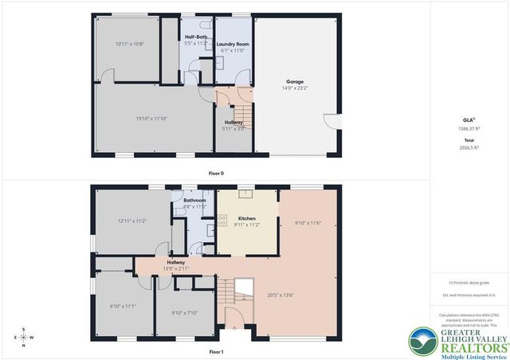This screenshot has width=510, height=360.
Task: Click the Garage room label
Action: (x=297, y=81)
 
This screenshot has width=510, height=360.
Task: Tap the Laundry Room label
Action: (x=233, y=44)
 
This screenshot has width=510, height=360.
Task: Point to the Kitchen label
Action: (x=247, y=218)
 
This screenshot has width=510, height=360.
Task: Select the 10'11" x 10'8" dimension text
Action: (x=130, y=44)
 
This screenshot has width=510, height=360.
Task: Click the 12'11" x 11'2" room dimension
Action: (x=132, y=221)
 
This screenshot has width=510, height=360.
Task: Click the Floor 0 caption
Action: (x=216, y=173)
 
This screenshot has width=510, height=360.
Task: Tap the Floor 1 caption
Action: (x=216, y=351)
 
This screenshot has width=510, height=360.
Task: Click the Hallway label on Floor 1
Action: (x=176, y=262)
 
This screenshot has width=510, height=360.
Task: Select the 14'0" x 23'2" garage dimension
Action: (x=297, y=88)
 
